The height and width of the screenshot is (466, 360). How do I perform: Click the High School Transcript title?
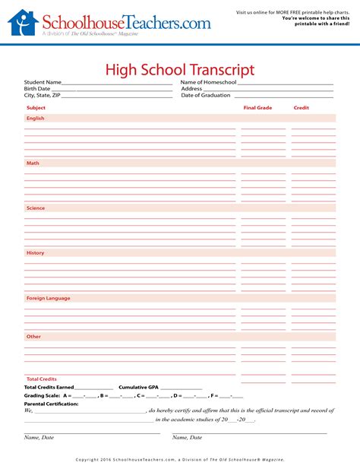[179, 70]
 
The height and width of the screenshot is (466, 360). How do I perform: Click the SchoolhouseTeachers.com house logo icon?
[22, 24]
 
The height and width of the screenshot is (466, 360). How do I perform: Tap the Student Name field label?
[43, 82]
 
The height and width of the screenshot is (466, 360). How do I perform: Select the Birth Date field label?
[37, 89]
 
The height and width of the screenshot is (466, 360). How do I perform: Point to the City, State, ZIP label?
[42, 96]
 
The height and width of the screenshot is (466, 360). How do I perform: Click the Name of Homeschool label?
[209, 82]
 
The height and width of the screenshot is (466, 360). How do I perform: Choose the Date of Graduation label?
[207, 96]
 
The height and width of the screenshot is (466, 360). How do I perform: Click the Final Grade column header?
[257, 108]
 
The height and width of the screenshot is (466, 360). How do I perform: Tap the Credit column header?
[302, 108]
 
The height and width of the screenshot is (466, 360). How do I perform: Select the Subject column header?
[36, 108]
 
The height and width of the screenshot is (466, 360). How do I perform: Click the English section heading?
[36, 119]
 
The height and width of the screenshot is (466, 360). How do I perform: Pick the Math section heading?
[33, 163]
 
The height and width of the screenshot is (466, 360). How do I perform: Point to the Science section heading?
[36, 208]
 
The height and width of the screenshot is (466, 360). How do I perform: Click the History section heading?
[36, 252]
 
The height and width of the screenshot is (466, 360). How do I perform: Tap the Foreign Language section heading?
[48, 298]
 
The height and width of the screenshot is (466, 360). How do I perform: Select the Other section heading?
[33, 336]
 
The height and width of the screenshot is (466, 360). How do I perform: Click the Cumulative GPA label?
[138, 387]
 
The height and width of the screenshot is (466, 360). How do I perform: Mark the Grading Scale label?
[43, 395]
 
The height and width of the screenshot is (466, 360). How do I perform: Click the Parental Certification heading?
[51, 404]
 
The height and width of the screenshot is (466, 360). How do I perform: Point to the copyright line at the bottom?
[180, 459]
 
